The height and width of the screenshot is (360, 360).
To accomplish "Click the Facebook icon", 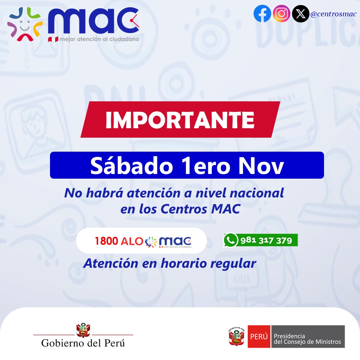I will (x=262, y=14).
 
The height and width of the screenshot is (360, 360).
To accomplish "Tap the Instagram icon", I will (x=281, y=14).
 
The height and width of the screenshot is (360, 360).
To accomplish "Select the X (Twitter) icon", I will (x=300, y=14).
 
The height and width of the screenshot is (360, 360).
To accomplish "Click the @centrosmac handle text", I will (x=333, y=14).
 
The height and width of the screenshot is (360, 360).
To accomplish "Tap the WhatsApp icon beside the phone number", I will (x=230, y=240).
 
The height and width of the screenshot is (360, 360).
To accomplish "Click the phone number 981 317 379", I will (x=266, y=240).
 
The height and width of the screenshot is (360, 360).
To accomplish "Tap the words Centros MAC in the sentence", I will (x=200, y=209).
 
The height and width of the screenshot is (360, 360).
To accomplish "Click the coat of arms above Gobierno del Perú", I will (x=83, y=330).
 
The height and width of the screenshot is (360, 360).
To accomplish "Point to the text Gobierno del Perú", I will (x=83, y=343).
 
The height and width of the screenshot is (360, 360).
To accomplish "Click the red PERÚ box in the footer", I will (x=259, y=337).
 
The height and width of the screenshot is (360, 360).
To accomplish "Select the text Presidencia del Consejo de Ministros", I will (x=307, y=339).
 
